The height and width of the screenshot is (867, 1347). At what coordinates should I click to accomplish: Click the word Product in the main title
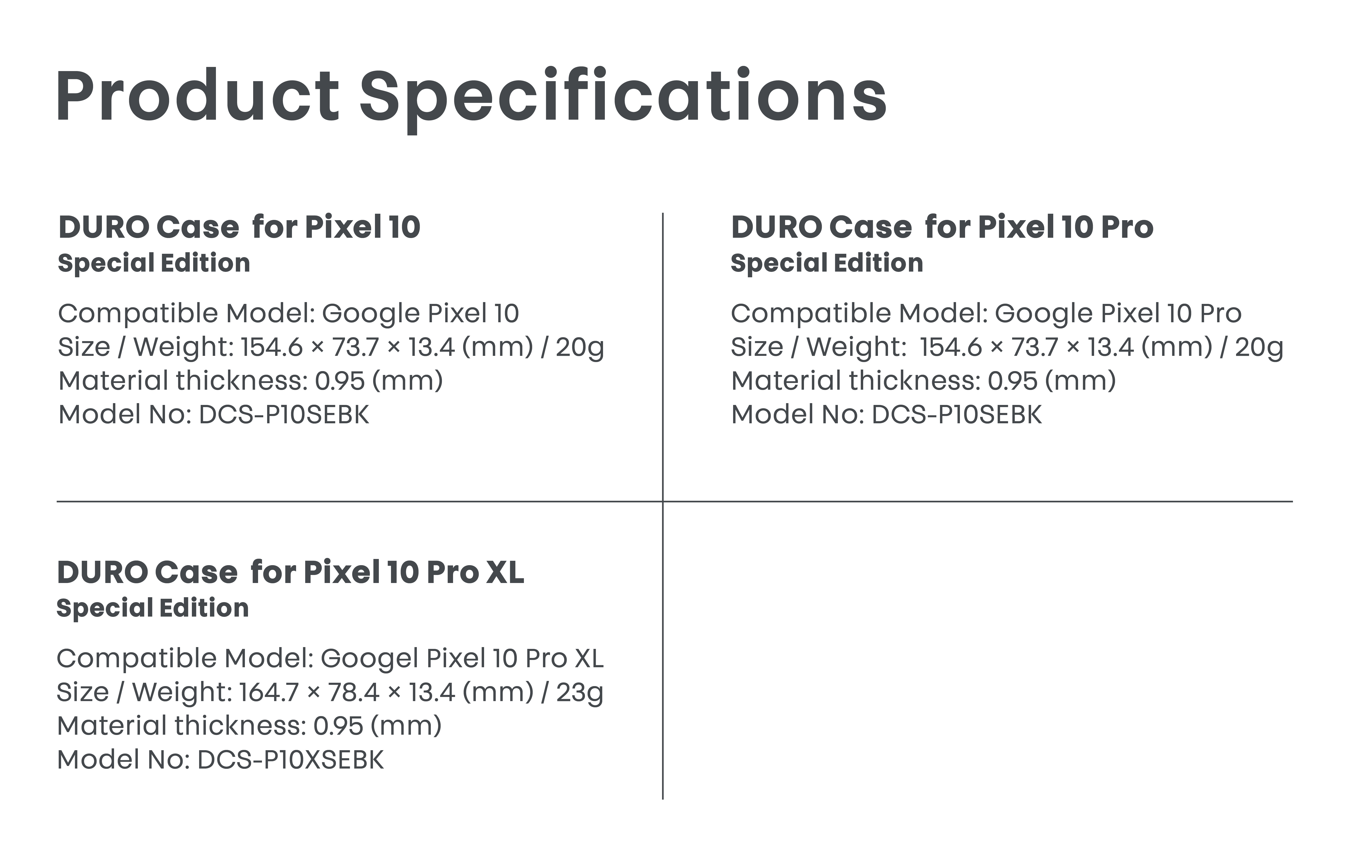click(x=197, y=96)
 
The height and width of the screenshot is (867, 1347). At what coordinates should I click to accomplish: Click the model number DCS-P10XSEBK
click(x=290, y=760)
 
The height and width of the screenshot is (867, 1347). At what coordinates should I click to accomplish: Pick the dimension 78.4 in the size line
click(x=354, y=693)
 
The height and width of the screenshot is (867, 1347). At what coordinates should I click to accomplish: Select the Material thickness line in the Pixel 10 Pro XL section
click(x=249, y=726)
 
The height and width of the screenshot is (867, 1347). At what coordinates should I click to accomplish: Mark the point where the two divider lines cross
click(x=663, y=501)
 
